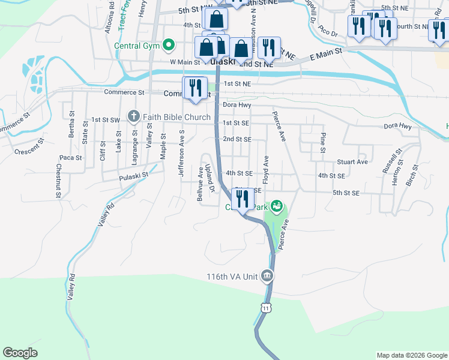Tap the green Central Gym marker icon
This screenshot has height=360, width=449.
point(169,44)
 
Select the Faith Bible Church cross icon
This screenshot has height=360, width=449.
point(133,117)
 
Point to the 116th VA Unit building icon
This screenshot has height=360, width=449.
point(267,277)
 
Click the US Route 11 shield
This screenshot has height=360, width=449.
point(265,307)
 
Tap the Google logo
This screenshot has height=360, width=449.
point(20,353)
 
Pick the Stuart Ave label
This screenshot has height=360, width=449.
point(352,162)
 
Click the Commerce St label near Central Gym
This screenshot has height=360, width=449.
point(124,93)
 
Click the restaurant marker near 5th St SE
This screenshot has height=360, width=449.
point(243,200)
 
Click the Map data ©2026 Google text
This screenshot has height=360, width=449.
point(411,355)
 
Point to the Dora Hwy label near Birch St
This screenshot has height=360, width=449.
point(398,127)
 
